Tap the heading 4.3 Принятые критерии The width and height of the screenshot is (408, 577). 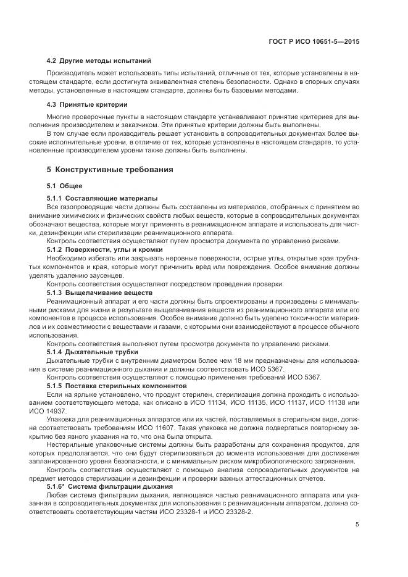87,104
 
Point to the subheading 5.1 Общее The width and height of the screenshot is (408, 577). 65,186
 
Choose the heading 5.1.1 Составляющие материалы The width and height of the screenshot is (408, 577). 102,198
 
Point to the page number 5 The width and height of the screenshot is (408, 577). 357,525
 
